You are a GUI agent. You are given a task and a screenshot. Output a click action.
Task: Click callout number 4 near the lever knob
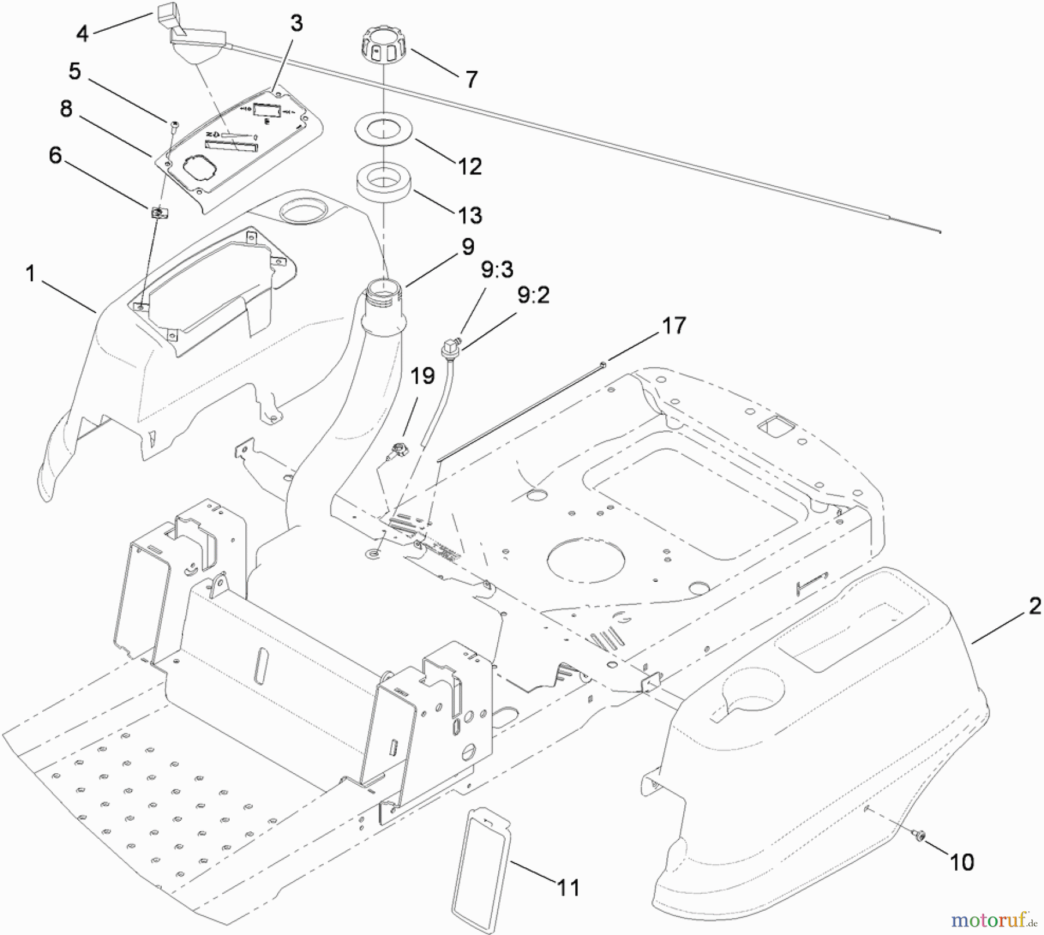click(82, 34)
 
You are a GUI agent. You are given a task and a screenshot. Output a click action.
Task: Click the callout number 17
click(673, 326)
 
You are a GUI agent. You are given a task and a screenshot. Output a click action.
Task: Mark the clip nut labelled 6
click(158, 213)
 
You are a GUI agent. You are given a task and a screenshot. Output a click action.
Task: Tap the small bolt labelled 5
click(173, 124)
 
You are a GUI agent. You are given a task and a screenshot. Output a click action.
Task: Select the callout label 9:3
click(497, 270)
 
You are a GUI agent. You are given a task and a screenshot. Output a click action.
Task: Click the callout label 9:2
click(533, 296)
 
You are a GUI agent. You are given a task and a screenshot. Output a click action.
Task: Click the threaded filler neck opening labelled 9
click(382, 288)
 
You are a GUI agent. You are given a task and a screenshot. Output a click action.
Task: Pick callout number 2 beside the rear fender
click(1034, 607)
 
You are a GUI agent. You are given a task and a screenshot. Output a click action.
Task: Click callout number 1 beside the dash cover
click(30, 274)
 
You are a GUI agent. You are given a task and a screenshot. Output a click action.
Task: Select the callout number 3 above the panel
click(296, 24)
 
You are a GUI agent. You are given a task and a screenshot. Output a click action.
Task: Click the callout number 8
click(66, 108)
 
